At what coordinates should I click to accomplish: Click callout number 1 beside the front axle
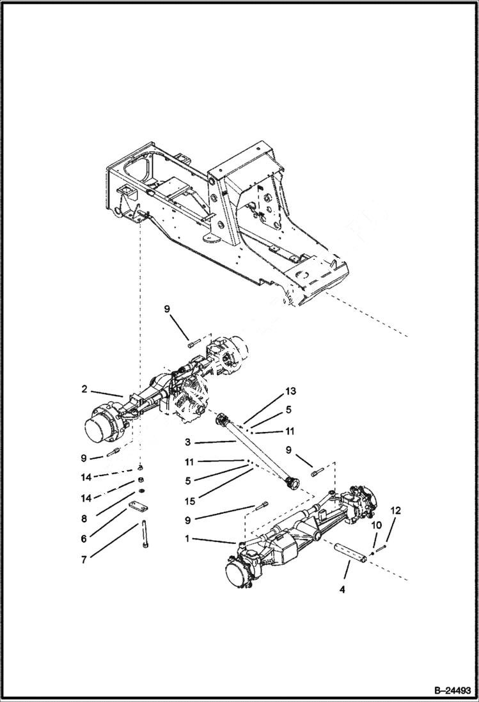pos(187,539)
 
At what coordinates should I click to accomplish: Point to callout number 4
pos(342,589)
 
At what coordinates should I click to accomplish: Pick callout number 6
pos(84,539)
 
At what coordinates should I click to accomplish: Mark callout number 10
pos(377,525)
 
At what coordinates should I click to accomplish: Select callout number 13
pos(291,390)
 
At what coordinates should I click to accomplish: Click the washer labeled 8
pos(141,491)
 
